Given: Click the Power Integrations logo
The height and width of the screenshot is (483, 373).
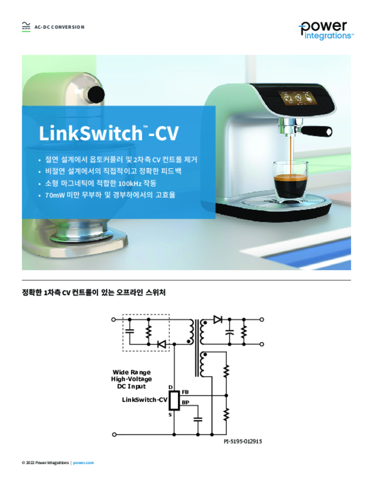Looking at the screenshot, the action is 326,31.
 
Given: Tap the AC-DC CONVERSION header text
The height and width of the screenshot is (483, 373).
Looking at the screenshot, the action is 59,27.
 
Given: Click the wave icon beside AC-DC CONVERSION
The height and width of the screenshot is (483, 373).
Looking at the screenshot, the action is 26,26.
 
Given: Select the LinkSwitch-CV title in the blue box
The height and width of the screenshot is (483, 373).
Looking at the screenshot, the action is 109,133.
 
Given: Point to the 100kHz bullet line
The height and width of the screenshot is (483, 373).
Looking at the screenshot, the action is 101,183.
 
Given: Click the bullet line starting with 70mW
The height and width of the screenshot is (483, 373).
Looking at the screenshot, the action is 110,195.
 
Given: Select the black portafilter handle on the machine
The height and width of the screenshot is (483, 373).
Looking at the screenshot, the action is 316,131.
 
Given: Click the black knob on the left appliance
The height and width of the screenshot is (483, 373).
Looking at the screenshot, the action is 96,94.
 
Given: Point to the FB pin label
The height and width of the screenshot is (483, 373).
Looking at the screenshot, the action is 185,392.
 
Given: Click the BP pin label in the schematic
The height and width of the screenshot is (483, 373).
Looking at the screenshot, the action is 185,403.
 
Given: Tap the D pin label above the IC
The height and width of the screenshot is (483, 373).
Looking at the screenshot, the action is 170,387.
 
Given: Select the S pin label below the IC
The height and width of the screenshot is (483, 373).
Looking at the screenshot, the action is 170,415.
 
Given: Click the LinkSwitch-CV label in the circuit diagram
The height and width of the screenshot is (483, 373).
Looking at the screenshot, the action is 144,400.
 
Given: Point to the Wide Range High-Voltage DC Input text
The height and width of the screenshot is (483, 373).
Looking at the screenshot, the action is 132,379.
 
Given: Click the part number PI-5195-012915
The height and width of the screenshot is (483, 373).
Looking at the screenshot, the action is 243,441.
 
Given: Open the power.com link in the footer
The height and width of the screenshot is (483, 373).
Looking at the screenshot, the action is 83,463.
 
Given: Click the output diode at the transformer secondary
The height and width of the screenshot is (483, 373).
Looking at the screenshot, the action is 218,319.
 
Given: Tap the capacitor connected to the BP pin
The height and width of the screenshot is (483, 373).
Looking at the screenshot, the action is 198,419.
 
